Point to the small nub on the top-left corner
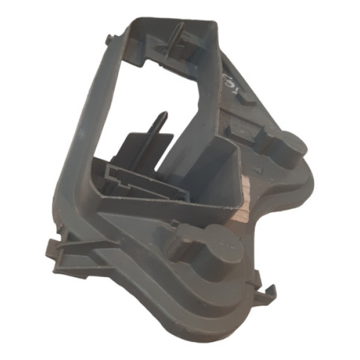108,40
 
